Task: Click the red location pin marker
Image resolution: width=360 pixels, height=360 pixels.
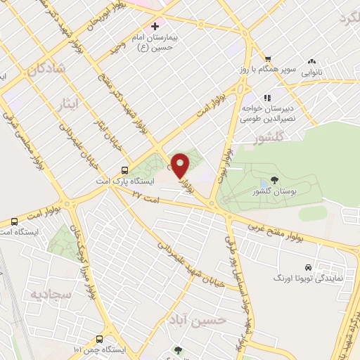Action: click(181, 165)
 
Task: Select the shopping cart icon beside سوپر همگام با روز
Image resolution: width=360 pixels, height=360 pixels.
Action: click(267, 58)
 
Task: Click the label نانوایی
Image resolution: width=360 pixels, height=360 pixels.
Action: click(313, 72)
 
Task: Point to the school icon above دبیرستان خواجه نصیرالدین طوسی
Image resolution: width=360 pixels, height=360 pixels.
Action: click(266, 98)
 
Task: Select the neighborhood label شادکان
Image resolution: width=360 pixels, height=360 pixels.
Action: click(47, 69)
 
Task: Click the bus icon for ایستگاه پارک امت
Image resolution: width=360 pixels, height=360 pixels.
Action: click(124, 169)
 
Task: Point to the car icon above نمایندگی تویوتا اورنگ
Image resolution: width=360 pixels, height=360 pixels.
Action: click(308, 267)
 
